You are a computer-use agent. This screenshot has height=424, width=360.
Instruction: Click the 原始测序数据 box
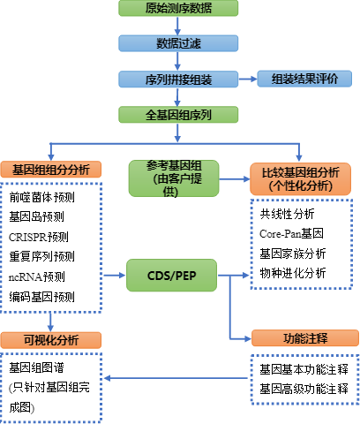click(x=178, y=8)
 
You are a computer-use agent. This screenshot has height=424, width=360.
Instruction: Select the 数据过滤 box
click(x=178, y=43)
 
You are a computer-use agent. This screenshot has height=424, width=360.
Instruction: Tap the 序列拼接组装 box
click(x=178, y=79)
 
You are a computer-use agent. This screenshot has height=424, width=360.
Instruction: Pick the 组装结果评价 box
click(x=304, y=79)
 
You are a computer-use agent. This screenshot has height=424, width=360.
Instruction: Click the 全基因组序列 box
click(x=178, y=115)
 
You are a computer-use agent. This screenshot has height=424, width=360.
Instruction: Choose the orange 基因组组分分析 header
click(x=51, y=170)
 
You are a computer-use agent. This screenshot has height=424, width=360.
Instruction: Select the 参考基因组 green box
click(x=174, y=178)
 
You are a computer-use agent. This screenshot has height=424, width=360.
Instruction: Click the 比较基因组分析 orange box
click(x=300, y=178)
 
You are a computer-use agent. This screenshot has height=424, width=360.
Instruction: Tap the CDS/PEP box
click(x=171, y=276)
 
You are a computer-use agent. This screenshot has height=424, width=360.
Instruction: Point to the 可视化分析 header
click(x=51, y=340)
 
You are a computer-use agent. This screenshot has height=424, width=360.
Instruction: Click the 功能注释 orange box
click(x=305, y=338)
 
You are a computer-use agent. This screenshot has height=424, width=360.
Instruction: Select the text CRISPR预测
click(x=39, y=237)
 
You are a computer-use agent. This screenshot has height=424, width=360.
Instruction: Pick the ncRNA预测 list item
click(x=37, y=276)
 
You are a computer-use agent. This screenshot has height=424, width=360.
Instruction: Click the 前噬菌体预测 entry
click(x=41, y=197)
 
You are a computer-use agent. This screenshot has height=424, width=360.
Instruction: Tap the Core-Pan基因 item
click(x=291, y=233)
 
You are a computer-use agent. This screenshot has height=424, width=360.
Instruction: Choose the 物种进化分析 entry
click(x=293, y=273)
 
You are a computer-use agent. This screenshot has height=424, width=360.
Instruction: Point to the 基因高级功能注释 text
click(x=304, y=389)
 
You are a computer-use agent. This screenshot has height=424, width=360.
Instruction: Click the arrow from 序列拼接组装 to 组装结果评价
click(x=248, y=79)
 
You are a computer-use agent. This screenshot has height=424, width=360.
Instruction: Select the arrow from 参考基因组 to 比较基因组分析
click(x=235, y=179)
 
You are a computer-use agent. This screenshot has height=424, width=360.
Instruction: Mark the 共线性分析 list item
click(x=287, y=214)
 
